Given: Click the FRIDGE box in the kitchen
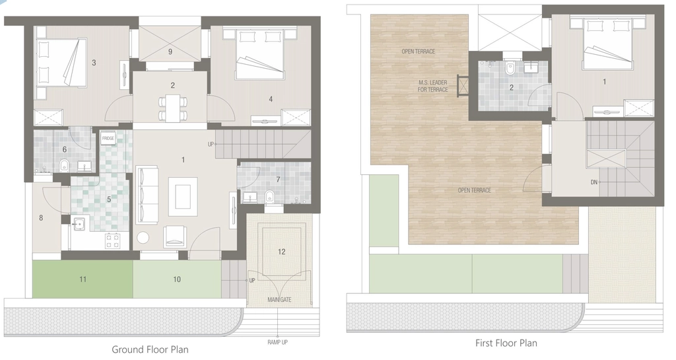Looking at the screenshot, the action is click(x=108, y=139).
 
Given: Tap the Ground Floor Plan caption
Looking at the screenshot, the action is click(x=150, y=349).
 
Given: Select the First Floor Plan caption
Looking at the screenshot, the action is click(x=506, y=343).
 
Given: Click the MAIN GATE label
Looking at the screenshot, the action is click(x=279, y=300).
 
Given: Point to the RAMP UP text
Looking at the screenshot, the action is click(x=278, y=342).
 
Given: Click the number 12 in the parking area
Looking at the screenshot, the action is click(x=281, y=252).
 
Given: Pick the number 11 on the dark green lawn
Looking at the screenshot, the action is click(x=83, y=279).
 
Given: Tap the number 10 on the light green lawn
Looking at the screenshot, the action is click(x=177, y=279).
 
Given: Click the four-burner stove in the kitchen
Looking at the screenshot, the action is click(x=113, y=240).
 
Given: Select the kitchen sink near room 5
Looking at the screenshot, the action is click(x=79, y=224).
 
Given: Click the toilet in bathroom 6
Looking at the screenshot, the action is click(x=64, y=164).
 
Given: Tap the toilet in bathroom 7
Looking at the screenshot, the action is click(x=270, y=196).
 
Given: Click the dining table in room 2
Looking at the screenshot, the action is click(x=173, y=108).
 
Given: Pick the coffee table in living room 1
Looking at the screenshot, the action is click(x=183, y=197).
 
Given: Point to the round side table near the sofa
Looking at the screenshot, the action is click(x=143, y=238).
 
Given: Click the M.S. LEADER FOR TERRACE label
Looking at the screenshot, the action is click(x=432, y=86).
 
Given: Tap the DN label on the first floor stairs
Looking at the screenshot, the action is click(x=593, y=182).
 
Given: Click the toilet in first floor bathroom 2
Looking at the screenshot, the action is click(x=510, y=69).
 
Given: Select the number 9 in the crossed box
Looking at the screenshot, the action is click(x=170, y=52).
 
